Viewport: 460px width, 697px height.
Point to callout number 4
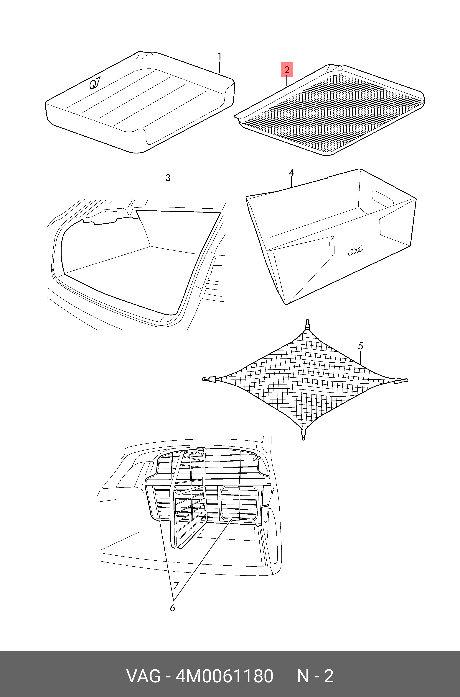(291, 172)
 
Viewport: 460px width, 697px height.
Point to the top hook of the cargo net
(307, 324)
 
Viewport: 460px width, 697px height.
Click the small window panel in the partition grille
(239, 503)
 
